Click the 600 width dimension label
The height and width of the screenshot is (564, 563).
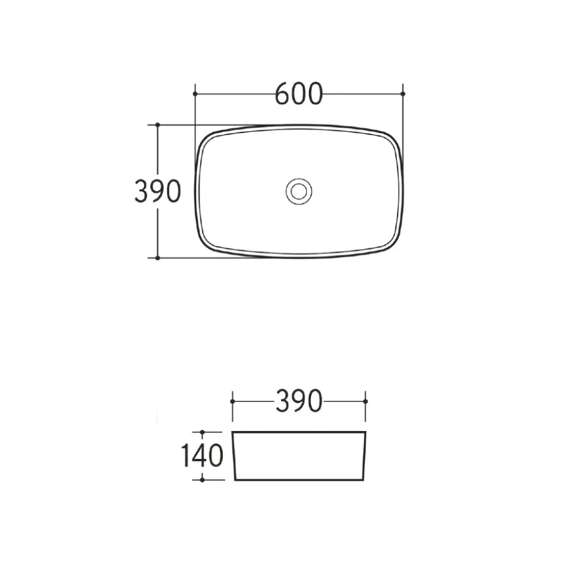click(x=299, y=94)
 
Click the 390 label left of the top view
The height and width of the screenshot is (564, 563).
click(x=157, y=191)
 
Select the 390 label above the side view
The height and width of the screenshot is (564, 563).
click(x=299, y=401)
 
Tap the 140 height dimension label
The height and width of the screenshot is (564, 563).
click(x=202, y=455)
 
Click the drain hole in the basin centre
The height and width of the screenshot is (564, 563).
click(x=299, y=191)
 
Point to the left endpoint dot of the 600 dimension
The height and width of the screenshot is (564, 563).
click(x=195, y=94)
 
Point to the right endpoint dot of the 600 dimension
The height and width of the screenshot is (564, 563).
click(x=403, y=94)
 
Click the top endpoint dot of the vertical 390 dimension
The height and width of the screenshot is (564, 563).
click(x=157, y=125)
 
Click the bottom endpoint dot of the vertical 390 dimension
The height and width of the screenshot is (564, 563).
click(x=157, y=258)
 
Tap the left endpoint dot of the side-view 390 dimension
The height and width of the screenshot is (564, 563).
click(x=232, y=401)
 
